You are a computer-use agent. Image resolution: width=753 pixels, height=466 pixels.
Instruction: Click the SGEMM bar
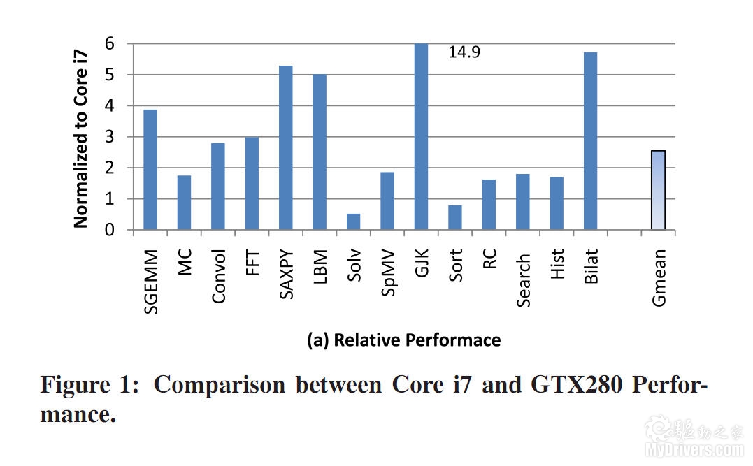(150, 170)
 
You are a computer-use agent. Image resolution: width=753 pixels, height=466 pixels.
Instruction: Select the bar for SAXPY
(286, 147)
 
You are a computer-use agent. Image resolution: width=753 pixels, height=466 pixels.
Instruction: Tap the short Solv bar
(354, 221)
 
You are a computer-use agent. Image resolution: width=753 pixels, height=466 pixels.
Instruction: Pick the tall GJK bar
(421, 136)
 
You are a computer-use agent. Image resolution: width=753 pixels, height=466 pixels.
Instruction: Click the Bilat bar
(590, 141)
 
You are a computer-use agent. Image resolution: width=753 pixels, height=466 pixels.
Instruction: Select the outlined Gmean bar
(658, 190)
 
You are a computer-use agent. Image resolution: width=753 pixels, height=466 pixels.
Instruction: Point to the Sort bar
(455, 217)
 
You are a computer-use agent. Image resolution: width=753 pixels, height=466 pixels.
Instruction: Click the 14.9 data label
(464, 52)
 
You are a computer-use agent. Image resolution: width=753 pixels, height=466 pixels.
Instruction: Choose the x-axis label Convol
(219, 276)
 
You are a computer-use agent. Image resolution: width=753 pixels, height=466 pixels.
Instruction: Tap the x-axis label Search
(524, 280)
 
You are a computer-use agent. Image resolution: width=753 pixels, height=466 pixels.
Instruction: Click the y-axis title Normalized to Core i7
(81, 137)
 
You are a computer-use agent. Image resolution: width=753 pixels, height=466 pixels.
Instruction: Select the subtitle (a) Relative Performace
(404, 340)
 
